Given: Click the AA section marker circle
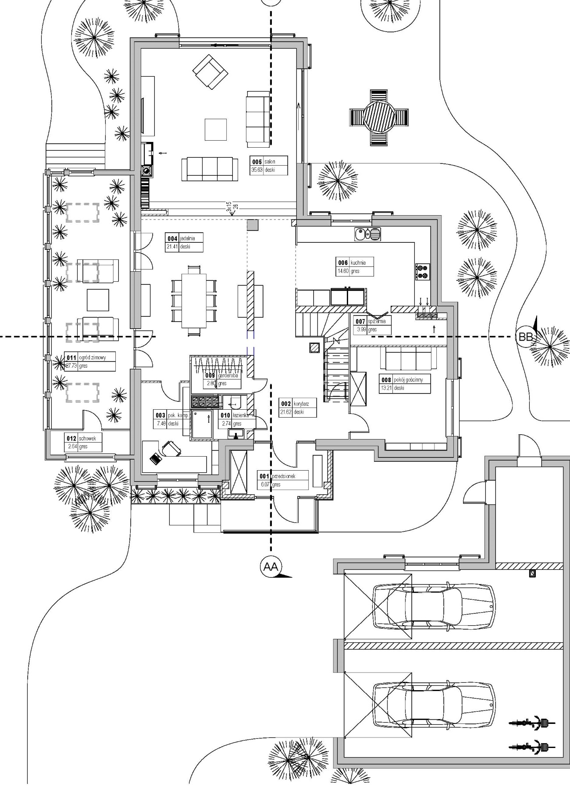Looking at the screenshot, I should pyautogui.click(x=271, y=567).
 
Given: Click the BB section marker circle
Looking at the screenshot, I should pyautogui.click(x=525, y=337).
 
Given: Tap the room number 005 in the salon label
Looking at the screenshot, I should pyautogui.click(x=256, y=162).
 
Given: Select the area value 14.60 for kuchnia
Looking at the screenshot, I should pyautogui.click(x=343, y=271).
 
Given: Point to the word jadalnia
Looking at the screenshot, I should pyautogui.click(x=187, y=239).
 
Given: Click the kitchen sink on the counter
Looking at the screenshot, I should pyautogui.click(x=367, y=234).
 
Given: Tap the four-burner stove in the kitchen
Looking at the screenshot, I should pyautogui.click(x=423, y=271).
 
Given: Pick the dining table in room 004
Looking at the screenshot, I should pyautogui.click(x=194, y=301).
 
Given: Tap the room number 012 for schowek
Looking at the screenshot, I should pyautogui.click(x=71, y=438).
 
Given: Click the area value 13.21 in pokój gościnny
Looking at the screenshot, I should pyautogui.click(x=386, y=388).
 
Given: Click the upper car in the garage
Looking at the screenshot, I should pyautogui.click(x=434, y=606).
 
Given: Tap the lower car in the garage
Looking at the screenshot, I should pyautogui.click(x=434, y=705).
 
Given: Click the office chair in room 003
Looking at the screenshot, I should pyautogui.click(x=171, y=448).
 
